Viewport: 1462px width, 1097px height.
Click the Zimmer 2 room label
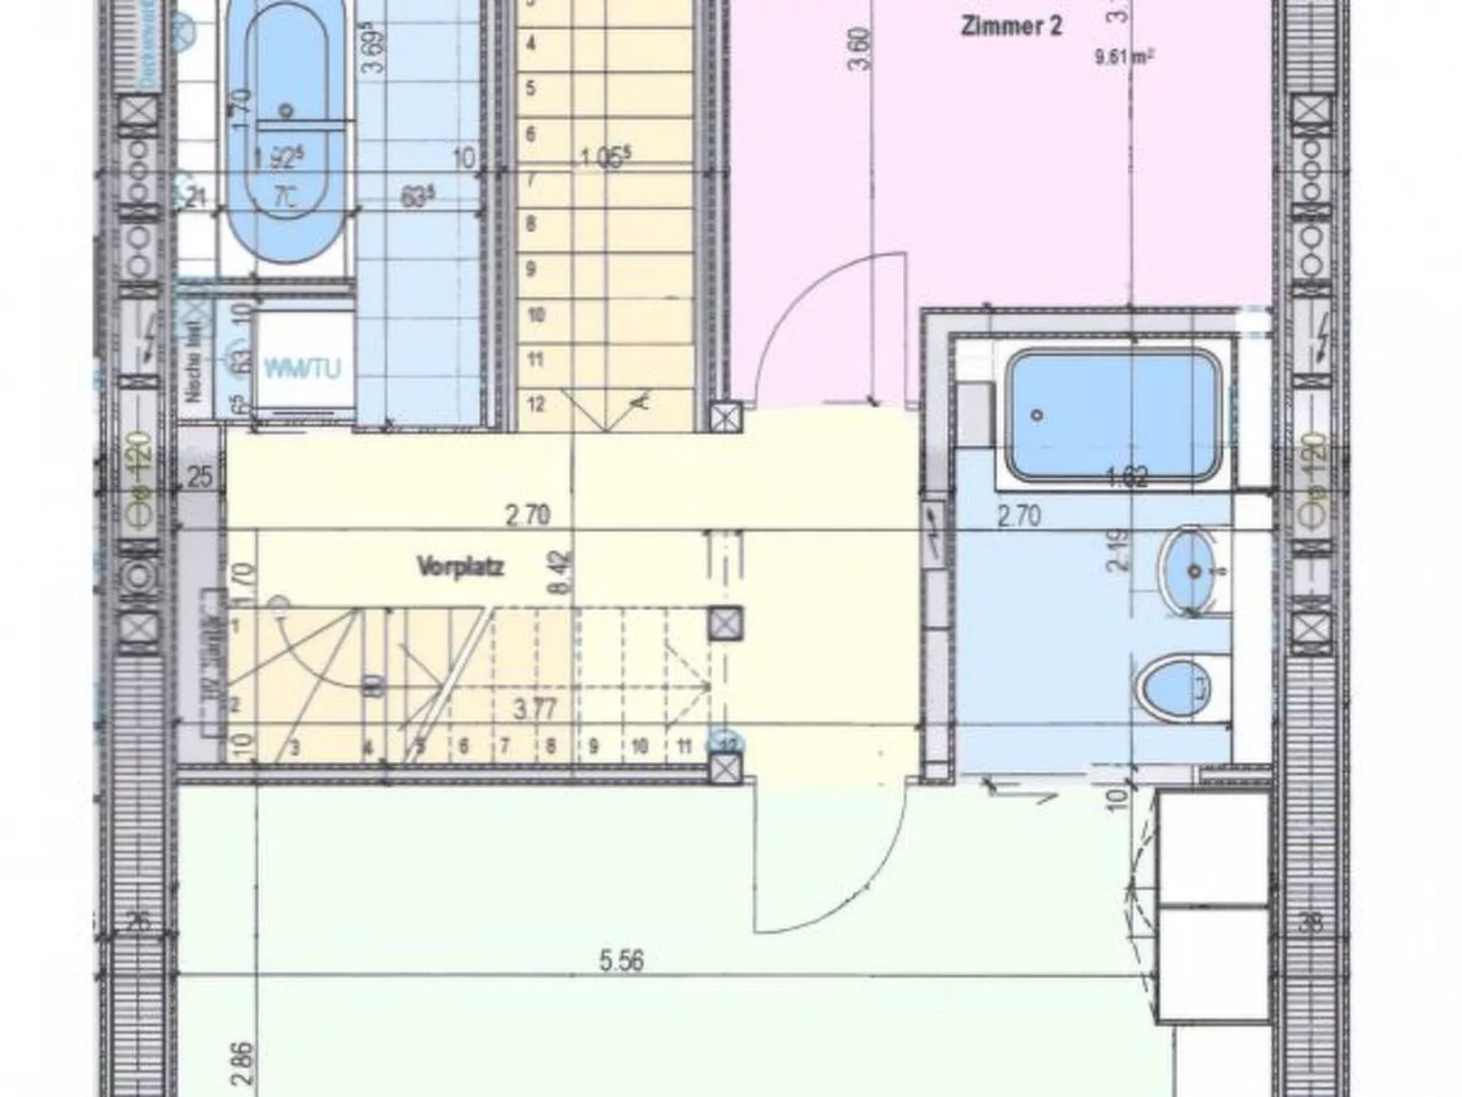point(1010,25)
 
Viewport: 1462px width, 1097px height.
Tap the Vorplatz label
point(460,567)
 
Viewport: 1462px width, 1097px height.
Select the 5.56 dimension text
point(622,960)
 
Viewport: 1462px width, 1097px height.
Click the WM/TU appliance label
point(302,368)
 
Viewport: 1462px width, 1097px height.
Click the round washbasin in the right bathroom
point(1193,571)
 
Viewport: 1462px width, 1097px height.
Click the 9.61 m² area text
point(1124,56)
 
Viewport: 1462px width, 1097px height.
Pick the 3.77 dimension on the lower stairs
point(534,708)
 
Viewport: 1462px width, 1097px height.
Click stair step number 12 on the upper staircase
point(535,403)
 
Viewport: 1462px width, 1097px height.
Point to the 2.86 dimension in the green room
point(243,1062)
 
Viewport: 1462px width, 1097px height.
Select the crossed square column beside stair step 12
point(726,418)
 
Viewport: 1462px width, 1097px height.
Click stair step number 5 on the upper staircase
point(531,88)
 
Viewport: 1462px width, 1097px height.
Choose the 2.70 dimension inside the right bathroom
point(1018,517)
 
